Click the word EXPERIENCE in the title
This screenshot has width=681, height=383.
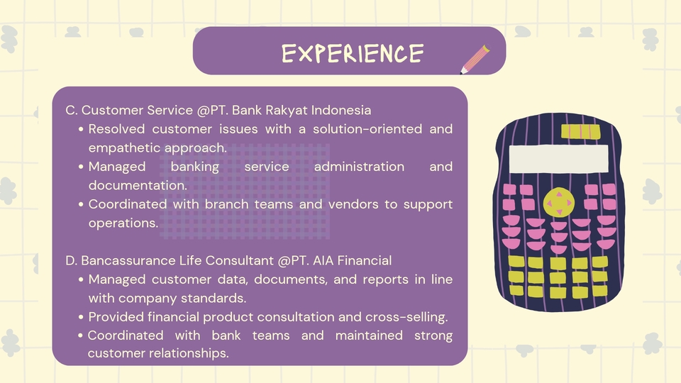pos(353,53)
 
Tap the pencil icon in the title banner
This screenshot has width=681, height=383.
pos(475,60)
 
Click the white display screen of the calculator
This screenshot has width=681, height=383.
pos(558,158)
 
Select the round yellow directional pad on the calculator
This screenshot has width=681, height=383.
pos(559,202)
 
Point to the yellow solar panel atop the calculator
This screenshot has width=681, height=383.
pos(581,132)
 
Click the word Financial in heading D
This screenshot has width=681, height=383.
pos(365,260)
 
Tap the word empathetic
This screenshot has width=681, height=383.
pos(125,148)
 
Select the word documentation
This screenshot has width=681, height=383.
pos(138,185)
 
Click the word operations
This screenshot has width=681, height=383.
pos(123,223)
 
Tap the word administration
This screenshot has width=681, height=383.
pos(359,167)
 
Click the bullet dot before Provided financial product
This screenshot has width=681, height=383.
pos(81,317)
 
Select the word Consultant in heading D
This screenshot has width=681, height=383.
pos(239,260)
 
